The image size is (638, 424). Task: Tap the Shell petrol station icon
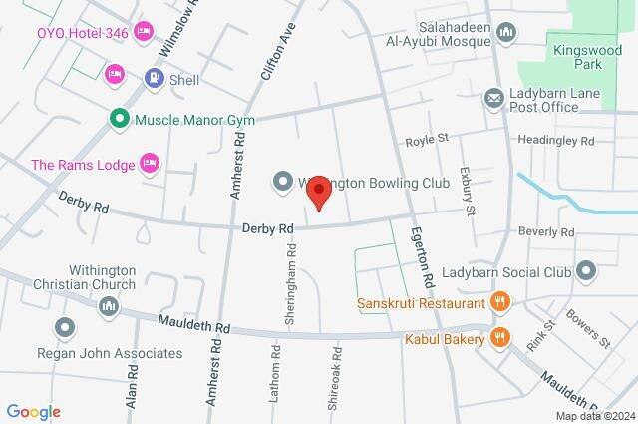(153, 77)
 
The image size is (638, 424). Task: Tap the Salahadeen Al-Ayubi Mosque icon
(506, 34)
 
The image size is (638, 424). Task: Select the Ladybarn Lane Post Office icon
(493, 98)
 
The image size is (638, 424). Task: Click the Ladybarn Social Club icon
(586, 270)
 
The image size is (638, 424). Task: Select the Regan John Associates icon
(66, 327)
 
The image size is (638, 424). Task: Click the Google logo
(33, 412)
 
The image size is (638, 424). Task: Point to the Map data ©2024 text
(593, 416)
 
